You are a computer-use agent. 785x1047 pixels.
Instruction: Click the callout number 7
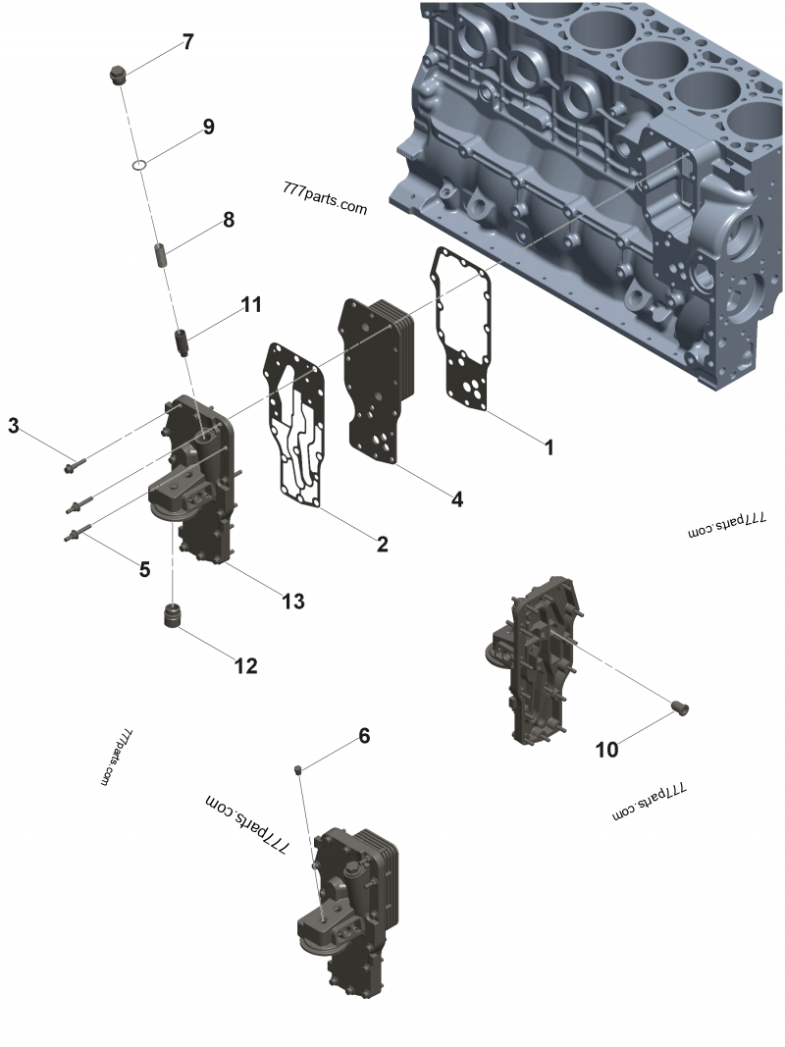(x=186, y=42)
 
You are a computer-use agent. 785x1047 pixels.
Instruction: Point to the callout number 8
(x=229, y=220)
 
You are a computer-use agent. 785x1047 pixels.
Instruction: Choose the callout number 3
(x=14, y=425)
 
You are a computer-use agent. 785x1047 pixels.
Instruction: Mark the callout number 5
(x=144, y=569)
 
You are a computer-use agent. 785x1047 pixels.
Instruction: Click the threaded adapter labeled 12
(x=174, y=620)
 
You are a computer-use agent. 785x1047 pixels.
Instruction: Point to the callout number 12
(x=244, y=666)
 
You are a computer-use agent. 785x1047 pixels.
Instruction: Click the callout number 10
(x=607, y=750)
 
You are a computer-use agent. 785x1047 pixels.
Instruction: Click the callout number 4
(x=456, y=499)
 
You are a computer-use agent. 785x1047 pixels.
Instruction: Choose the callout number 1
(x=549, y=447)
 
